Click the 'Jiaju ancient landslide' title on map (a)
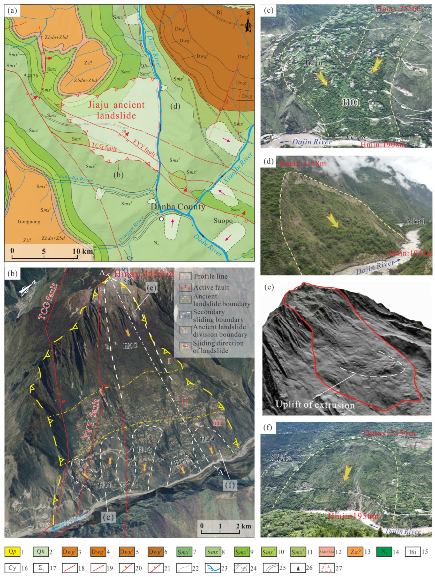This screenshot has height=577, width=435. point(116,110)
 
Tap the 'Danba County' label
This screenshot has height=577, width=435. point(178,207)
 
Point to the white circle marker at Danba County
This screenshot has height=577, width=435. point(161,219)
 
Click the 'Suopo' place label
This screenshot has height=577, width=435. point(223,221)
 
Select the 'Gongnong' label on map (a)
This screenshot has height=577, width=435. point(29,222)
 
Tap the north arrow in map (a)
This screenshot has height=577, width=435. point(248,22)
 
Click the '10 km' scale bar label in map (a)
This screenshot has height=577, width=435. point(82,251)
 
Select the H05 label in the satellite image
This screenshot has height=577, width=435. point(130,346)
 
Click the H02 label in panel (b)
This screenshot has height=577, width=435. point(144,449)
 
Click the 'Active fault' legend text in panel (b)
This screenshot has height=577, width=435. point(211,287)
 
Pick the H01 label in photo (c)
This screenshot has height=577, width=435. point(351,102)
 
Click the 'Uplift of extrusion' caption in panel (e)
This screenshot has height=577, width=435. point(315,404)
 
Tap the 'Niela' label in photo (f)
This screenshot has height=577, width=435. point(281,458)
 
